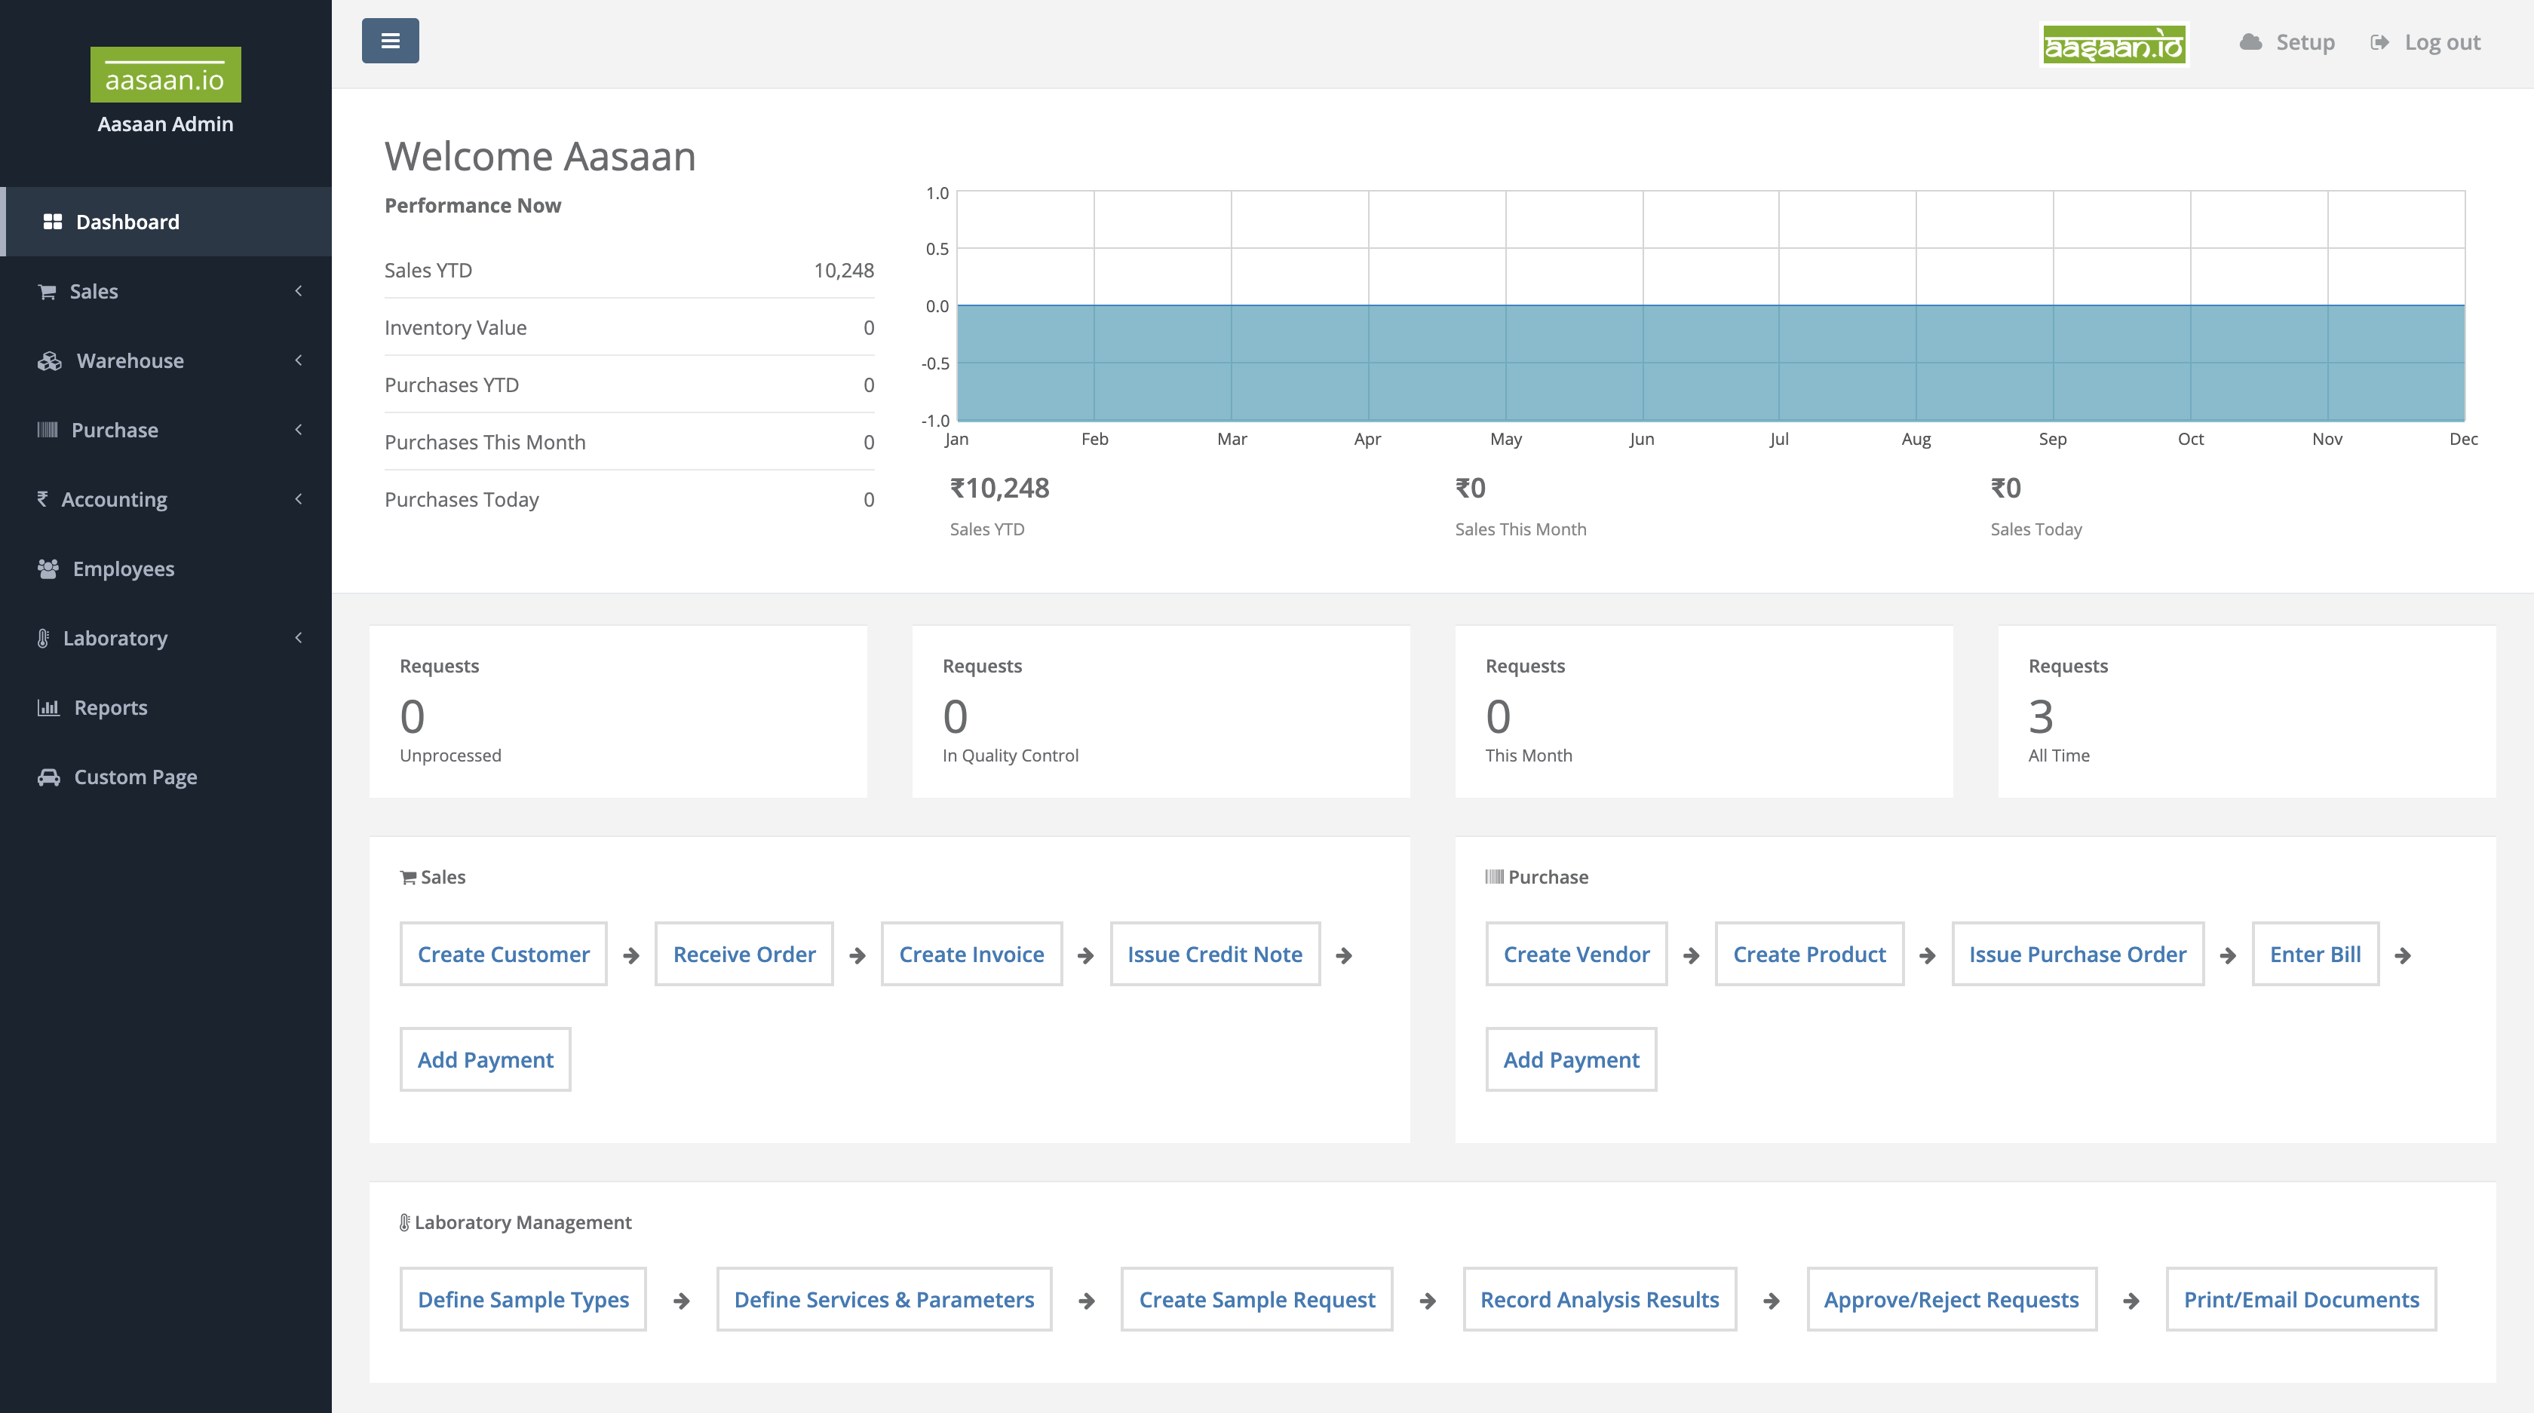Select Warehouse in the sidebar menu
pos(130,361)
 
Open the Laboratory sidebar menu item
pos(115,638)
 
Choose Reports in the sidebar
pos(110,708)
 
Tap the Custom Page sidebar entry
pos(135,777)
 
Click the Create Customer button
pos(503,954)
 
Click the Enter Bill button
pos(2315,954)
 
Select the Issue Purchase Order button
pos(2076,954)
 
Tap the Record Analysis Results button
pos(1599,1299)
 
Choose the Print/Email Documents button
pos(2300,1299)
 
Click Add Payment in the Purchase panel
pos(1570,1059)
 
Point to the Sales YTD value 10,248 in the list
pos(843,271)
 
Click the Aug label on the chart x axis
pos(1916,439)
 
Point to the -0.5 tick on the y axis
pos(934,363)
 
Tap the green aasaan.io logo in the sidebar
pos(165,75)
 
